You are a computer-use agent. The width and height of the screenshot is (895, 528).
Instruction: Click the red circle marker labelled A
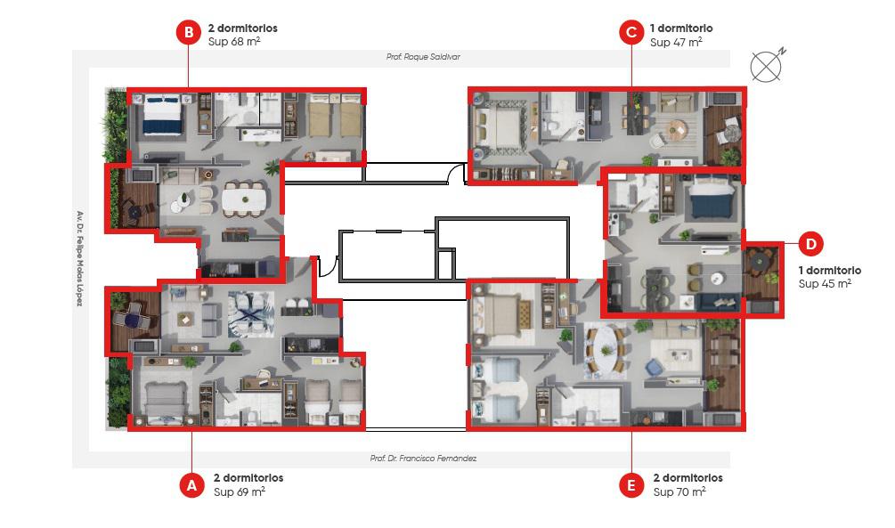click(x=191, y=484)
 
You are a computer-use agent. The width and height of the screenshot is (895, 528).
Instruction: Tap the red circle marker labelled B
click(x=189, y=33)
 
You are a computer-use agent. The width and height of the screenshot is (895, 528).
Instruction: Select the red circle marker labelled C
click(x=631, y=33)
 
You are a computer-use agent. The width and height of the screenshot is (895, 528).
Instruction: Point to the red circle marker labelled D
click(x=811, y=244)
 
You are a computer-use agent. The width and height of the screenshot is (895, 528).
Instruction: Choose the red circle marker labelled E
click(x=631, y=484)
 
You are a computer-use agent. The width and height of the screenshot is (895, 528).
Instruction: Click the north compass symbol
click(x=767, y=66)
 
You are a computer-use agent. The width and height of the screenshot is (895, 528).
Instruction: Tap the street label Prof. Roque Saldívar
click(x=423, y=56)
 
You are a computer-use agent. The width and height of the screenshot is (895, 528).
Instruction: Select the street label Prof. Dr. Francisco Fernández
click(x=423, y=458)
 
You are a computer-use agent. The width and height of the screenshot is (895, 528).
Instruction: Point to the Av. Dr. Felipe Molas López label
click(x=80, y=258)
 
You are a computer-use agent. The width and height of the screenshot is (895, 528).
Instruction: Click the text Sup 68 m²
click(x=234, y=41)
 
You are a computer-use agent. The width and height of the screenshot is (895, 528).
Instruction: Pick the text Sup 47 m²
click(x=676, y=41)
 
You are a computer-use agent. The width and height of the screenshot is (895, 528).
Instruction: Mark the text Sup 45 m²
click(x=825, y=283)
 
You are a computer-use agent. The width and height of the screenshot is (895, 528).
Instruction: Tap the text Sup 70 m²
click(x=679, y=491)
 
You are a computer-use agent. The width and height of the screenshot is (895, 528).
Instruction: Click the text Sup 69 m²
click(x=240, y=491)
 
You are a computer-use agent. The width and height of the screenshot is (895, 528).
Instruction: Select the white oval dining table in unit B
click(x=244, y=199)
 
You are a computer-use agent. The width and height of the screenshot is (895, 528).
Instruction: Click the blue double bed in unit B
click(x=163, y=116)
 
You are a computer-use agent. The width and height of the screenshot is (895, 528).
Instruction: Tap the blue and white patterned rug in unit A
click(x=251, y=314)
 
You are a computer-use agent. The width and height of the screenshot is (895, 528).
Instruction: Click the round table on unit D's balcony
click(x=759, y=262)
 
